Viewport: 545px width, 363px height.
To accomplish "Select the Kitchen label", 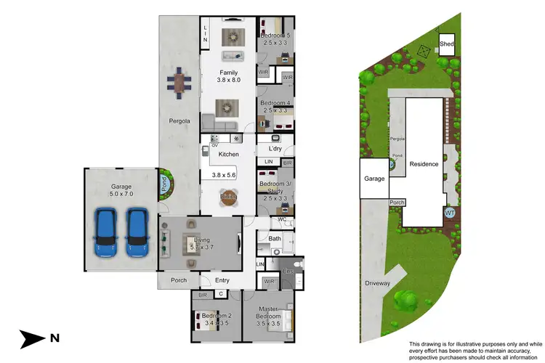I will point(229,155).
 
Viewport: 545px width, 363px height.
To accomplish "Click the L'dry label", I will point(274,149).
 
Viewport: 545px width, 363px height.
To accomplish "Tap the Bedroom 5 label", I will point(276,35).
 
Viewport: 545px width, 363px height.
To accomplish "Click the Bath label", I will point(274,238).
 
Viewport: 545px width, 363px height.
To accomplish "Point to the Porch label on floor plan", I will point(178,280).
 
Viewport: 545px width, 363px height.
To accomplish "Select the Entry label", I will point(222,280).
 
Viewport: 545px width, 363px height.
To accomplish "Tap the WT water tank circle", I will point(450,213).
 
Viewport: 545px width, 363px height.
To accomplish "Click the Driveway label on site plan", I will point(379,282).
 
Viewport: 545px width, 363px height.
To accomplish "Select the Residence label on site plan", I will point(424,164).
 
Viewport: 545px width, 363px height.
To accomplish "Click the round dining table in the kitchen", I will point(229,197).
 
